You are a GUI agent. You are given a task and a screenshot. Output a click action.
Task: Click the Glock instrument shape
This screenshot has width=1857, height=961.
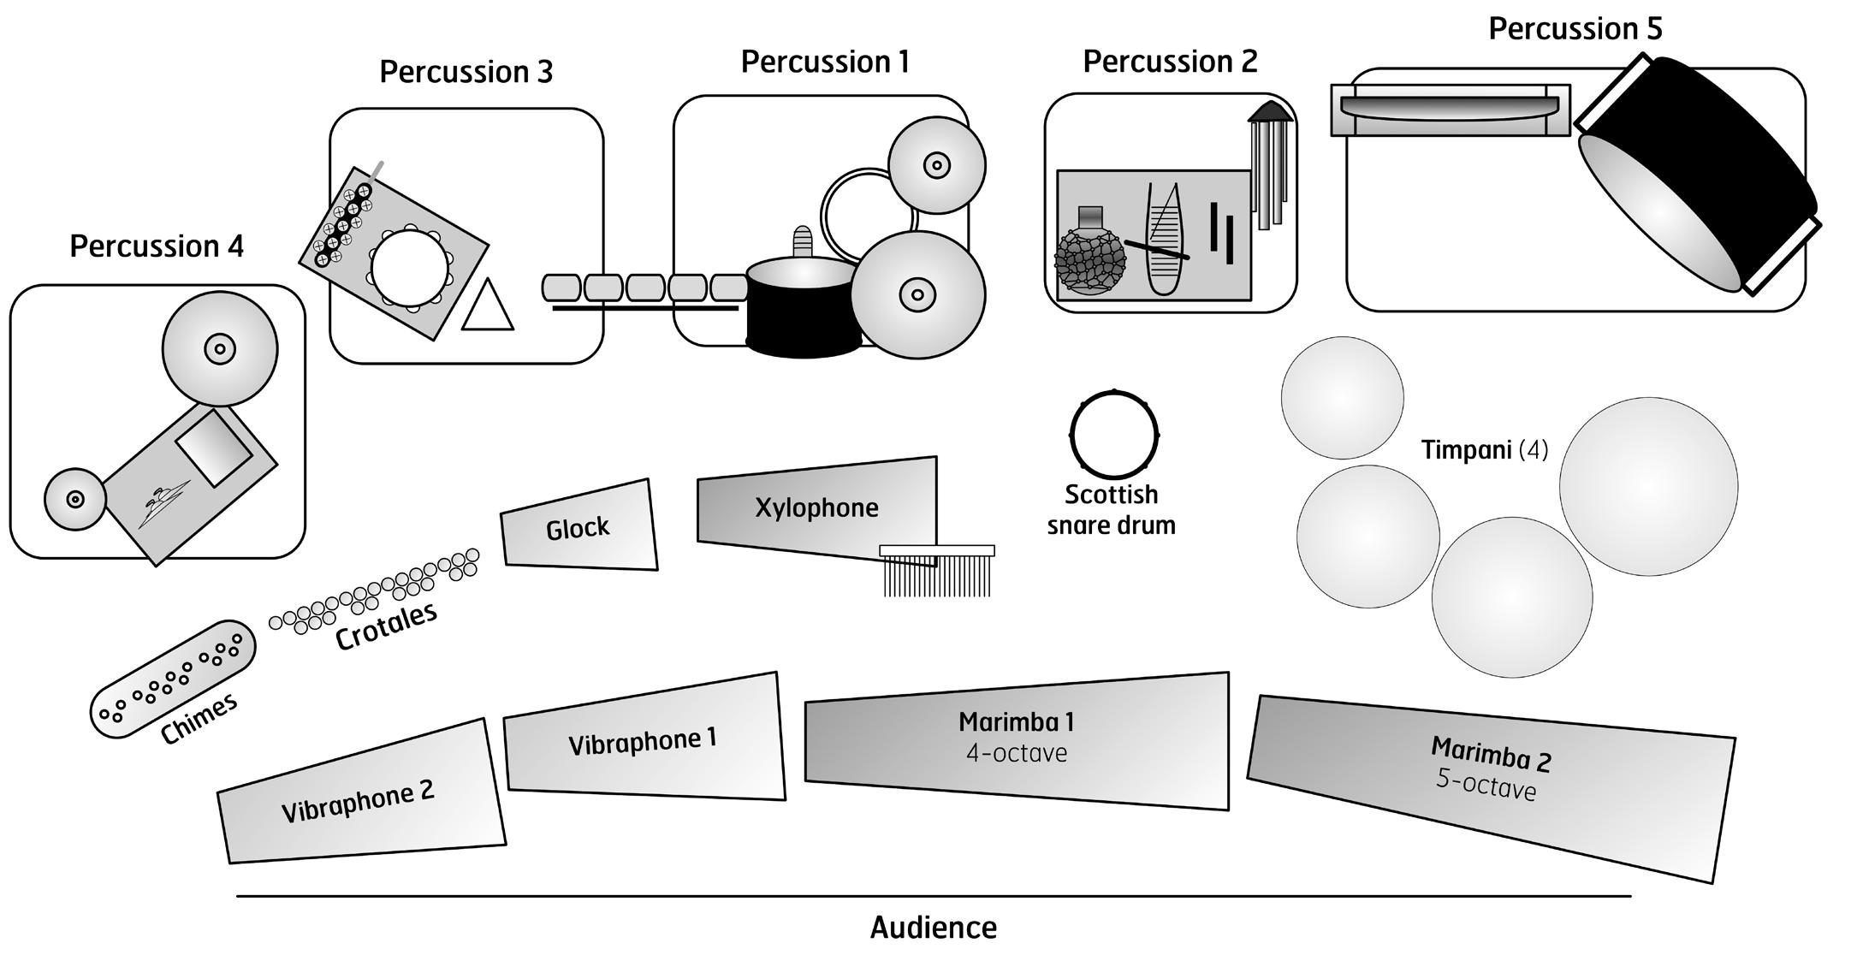578,526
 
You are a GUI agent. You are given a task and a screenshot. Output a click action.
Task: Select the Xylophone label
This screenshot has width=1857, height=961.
816,507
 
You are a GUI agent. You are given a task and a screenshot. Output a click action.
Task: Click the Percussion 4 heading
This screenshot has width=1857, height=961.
157,246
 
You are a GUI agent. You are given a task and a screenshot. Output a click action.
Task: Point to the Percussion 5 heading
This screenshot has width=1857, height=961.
1575,28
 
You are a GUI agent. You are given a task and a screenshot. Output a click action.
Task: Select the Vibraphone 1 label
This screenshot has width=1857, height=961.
642,741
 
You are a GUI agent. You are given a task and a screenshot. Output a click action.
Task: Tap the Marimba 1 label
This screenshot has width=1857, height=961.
1016,721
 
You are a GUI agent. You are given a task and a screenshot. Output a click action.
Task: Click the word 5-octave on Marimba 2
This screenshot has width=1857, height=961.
1486,786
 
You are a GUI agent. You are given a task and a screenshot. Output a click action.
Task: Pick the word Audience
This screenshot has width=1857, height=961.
933,928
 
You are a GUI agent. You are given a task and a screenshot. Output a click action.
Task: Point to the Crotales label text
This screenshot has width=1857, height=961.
386,626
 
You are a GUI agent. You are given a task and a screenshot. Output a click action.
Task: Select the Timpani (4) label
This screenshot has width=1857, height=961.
1484,449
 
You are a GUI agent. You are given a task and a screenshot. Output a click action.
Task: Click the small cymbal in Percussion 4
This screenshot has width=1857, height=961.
74,499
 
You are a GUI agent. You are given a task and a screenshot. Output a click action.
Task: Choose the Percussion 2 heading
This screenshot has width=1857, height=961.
1170,62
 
